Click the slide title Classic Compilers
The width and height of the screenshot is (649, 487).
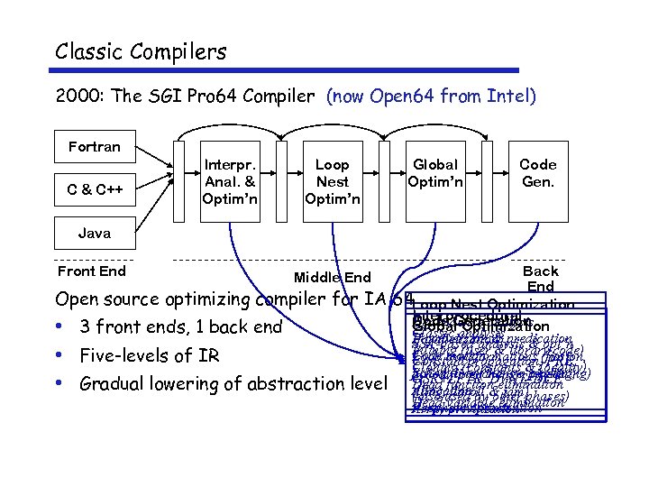click(x=141, y=51)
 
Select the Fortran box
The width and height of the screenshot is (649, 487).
click(x=94, y=146)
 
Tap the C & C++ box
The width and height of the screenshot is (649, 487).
click(x=94, y=189)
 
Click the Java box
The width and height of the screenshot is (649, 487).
click(x=94, y=233)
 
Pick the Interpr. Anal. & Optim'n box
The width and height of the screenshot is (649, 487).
click(x=230, y=181)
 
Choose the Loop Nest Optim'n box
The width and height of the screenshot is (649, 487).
click(x=332, y=181)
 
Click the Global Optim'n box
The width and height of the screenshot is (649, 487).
click(x=434, y=173)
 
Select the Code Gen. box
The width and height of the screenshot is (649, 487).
click(x=538, y=173)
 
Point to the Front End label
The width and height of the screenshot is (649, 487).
click(x=91, y=271)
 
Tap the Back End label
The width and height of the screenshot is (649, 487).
click(x=540, y=279)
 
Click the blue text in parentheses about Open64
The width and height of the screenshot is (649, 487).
click(x=431, y=96)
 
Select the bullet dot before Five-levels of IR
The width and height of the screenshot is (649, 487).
click(x=60, y=355)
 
